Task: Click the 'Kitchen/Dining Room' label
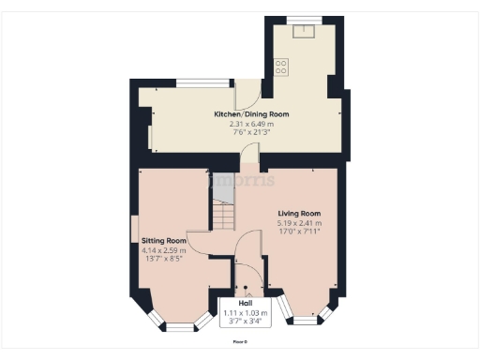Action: coord(251,114)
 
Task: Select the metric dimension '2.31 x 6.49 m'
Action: coord(251,123)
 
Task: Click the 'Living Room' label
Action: coord(299,214)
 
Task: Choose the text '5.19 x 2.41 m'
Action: coord(299,223)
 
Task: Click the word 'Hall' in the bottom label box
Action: coord(245,304)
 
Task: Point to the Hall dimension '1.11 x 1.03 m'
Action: coord(245,312)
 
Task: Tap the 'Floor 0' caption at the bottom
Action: coord(240,342)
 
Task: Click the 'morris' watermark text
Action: coord(240,179)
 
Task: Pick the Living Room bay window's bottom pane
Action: coord(305,320)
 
